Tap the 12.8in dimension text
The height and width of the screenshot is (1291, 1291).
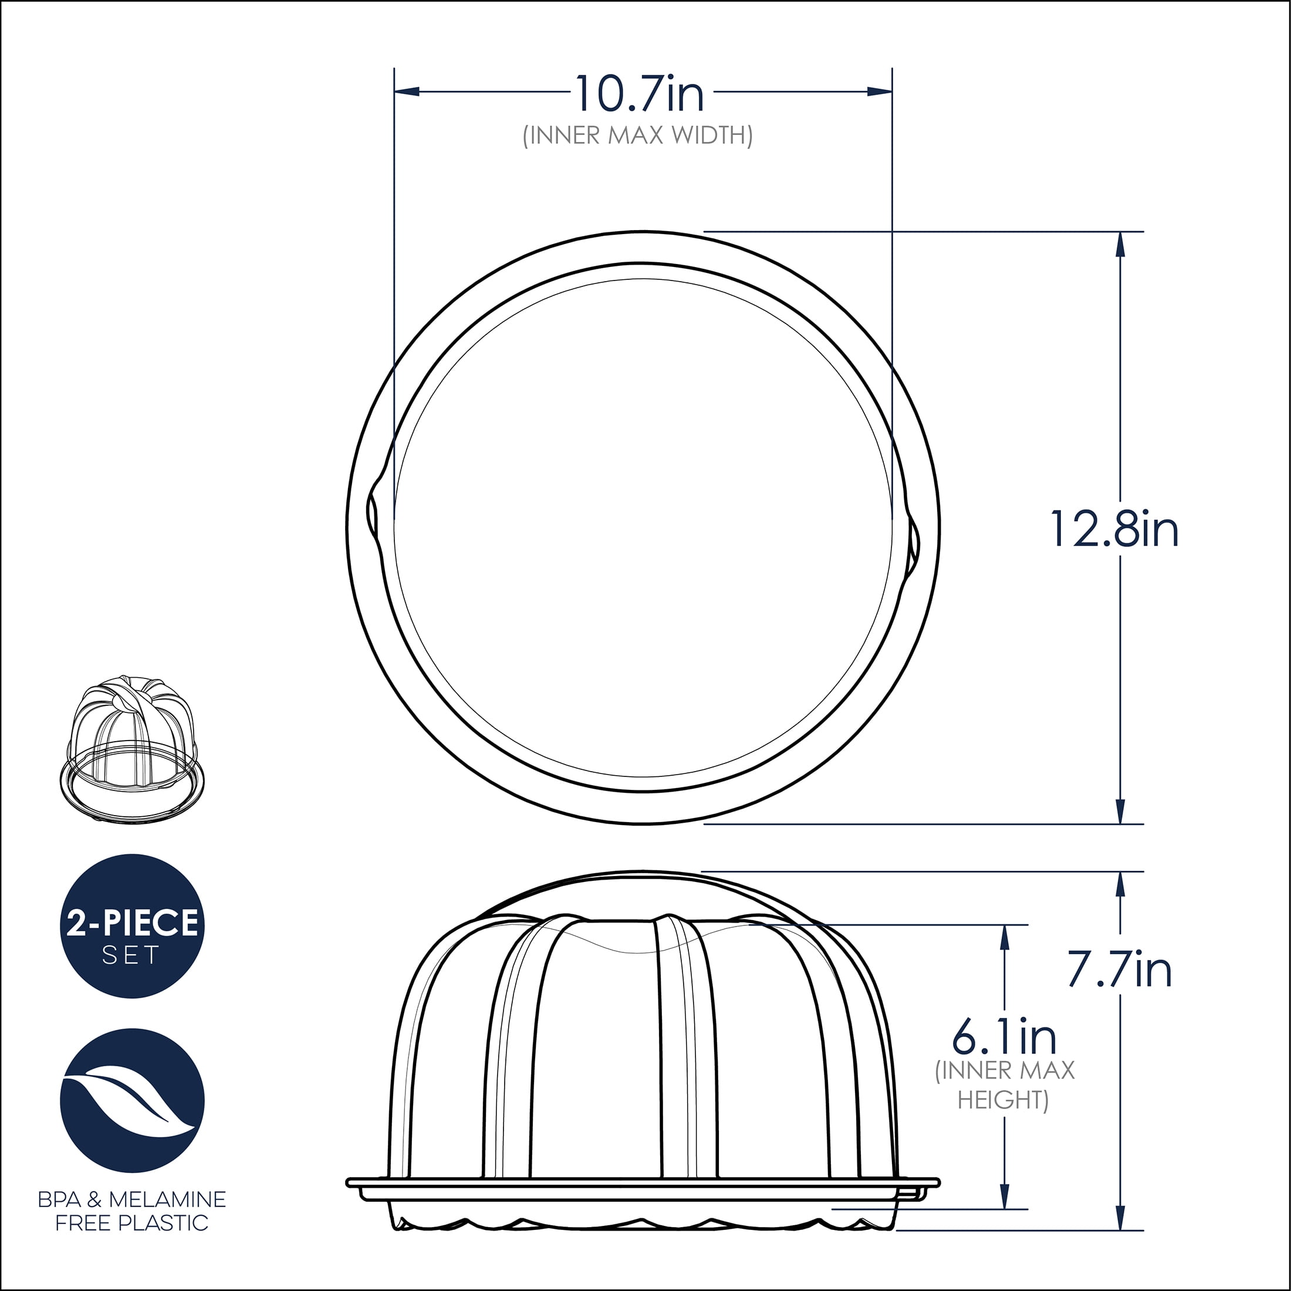[x=1114, y=529]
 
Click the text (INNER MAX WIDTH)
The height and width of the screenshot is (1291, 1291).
[x=637, y=136]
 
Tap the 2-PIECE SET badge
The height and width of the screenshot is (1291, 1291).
[x=131, y=926]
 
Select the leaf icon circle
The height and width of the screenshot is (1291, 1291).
[x=131, y=1100]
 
